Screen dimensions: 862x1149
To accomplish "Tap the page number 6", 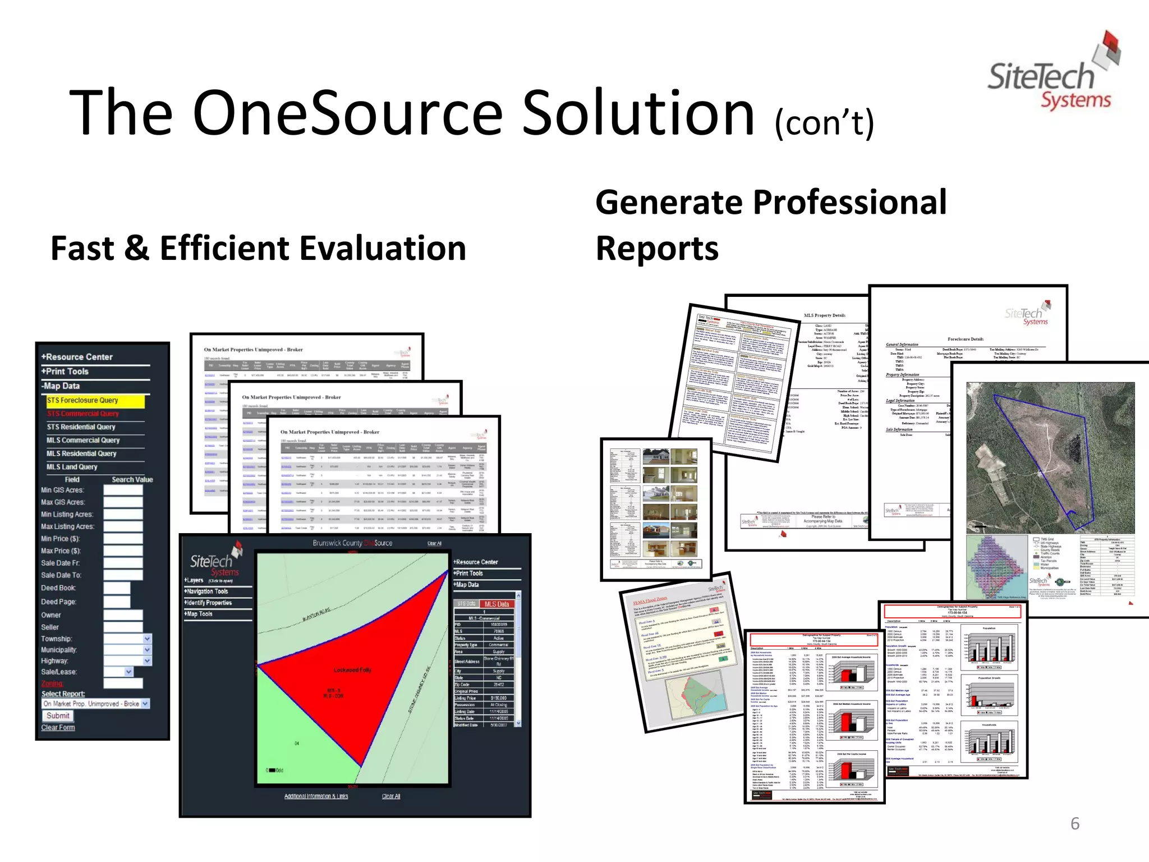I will [x=1075, y=824].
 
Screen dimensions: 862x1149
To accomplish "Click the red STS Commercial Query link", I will [x=83, y=414].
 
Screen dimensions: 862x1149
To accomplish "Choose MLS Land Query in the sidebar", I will [x=72, y=467].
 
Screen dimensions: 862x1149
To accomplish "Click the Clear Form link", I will [x=58, y=728].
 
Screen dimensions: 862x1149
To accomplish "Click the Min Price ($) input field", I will [x=123, y=539].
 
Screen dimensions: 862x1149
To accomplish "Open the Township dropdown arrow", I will [x=147, y=639].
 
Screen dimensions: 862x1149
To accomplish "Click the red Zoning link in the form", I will [x=52, y=684].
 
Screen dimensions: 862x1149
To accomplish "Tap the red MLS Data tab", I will [x=497, y=604].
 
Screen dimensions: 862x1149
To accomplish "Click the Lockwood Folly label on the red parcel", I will [x=352, y=670].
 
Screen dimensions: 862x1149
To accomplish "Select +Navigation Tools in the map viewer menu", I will [x=206, y=592].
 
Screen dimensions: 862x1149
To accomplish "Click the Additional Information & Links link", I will [x=316, y=796].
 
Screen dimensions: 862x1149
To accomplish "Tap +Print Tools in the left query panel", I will [x=65, y=372].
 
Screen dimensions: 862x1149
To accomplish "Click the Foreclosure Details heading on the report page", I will [x=966, y=340].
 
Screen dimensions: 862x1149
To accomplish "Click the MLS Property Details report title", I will [x=824, y=315].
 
